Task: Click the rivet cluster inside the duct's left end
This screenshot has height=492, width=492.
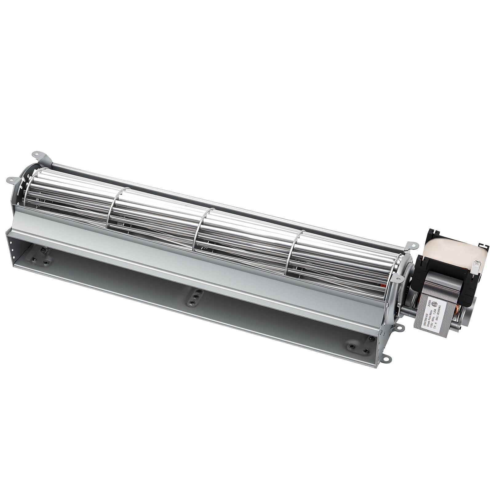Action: [x=42, y=253]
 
